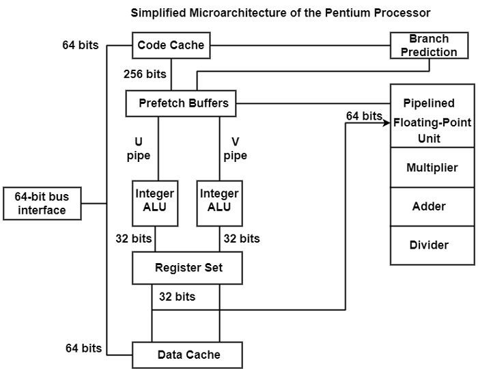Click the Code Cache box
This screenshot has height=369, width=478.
pyautogui.click(x=171, y=46)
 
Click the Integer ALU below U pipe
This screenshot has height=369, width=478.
pyautogui.click(x=155, y=201)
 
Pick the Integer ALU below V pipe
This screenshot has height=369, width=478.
pyautogui.click(x=219, y=201)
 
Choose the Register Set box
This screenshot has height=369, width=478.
pyautogui.click(x=188, y=268)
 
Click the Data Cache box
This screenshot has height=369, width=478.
pyautogui.click(x=188, y=355)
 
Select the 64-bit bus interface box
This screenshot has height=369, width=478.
pyautogui.click(x=42, y=203)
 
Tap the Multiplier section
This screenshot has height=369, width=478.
pyautogui.click(x=432, y=167)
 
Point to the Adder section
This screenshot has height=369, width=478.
pyautogui.click(x=432, y=206)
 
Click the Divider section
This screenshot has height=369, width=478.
pyautogui.click(x=432, y=245)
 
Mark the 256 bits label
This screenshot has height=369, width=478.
pyautogui.click(x=145, y=73)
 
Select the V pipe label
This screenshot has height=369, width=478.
pyautogui.click(x=236, y=148)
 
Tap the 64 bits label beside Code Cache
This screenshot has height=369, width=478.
pyautogui.click(x=79, y=46)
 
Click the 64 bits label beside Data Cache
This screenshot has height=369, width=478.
pyautogui.click(x=83, y=348)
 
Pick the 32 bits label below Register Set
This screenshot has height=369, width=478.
pyautogui.click(x=177, y=297)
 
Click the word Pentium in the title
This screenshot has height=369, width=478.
pyautogui.click(x=338, y=13)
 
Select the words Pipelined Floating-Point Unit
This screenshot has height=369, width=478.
pyautogui.click(x=429, y=121)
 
